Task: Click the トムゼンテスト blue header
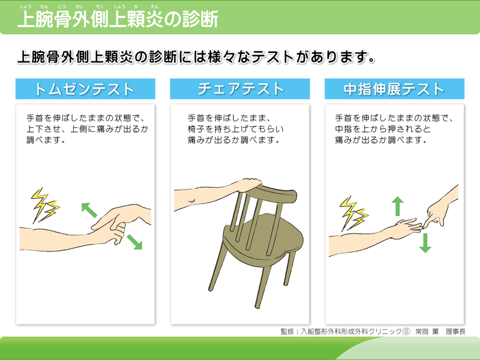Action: pos(85,89)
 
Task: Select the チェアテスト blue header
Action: pos(239,89)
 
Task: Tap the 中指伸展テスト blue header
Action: pos(394,89)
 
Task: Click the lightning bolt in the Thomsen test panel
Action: pos(44,205)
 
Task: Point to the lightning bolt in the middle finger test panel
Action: pos(354,213)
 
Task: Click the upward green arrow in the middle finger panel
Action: pos(398,206)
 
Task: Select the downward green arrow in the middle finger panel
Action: pos(425,243)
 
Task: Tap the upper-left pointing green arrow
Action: pos(89,210)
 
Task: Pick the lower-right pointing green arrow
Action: pos(134,242)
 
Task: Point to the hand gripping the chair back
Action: pos(250,185)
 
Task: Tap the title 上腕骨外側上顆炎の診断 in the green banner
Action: pos(118,19)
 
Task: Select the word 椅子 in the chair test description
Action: pos(196,129)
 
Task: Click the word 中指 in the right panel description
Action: pos(343,129)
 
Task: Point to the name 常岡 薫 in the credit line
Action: pos(427,332)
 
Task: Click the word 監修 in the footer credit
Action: pos(287,332)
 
